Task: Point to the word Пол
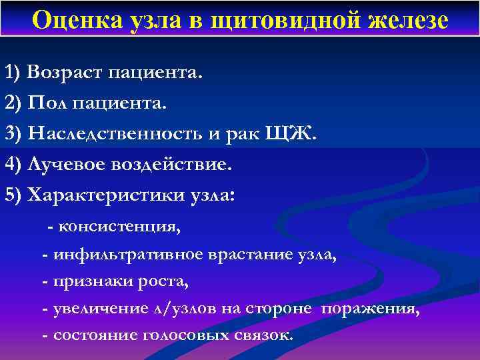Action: (x=47, y=103)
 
